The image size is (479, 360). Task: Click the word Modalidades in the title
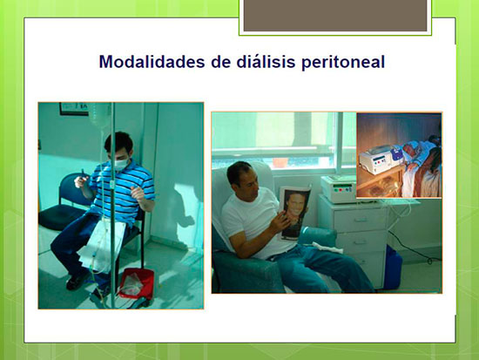point(152,62)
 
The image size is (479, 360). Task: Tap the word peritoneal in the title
point(343,63)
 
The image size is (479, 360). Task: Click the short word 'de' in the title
point(220,62)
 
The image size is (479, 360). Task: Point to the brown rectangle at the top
point(335,16)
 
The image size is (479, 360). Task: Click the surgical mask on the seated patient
point(120,164)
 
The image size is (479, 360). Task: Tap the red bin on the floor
point(136,283)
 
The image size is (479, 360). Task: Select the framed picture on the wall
point(74,109)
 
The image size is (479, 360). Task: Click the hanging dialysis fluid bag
point(100,115)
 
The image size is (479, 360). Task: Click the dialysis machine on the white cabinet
point(338,189)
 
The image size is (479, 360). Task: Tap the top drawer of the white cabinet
point(361,220)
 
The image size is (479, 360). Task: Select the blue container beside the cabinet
point(393,268)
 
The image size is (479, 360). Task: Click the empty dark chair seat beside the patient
point(61,216)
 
